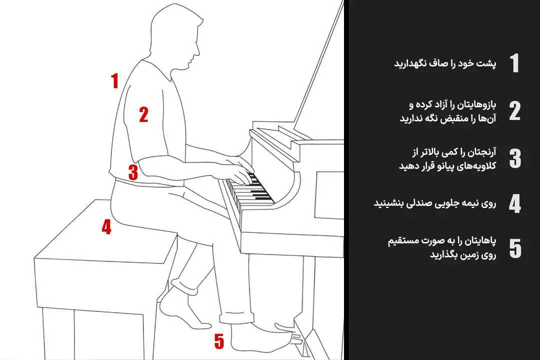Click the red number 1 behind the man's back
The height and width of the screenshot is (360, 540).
(x=114, y=80)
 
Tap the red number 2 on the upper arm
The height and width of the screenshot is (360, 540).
(x=143, y=114)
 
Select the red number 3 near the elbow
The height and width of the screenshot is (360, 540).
(x=133, y=171)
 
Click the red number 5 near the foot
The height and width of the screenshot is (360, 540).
(x=219, y=341)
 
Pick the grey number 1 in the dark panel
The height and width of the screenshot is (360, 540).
(x=514, y=63)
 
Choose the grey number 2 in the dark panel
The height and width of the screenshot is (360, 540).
(x=515, y=111)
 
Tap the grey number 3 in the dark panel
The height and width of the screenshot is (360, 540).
(x=515, y=158)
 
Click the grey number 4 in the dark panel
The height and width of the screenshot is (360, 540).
(x=515, y=203)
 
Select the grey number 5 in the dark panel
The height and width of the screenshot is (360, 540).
(x=515, y=248)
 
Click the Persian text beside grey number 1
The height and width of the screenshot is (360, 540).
(x=445, y=63)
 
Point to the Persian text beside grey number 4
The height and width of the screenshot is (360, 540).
(x=435, y=203)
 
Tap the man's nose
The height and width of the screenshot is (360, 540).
(x=197, y=50)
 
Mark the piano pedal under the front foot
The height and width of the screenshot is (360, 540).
(x=287, y=329)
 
